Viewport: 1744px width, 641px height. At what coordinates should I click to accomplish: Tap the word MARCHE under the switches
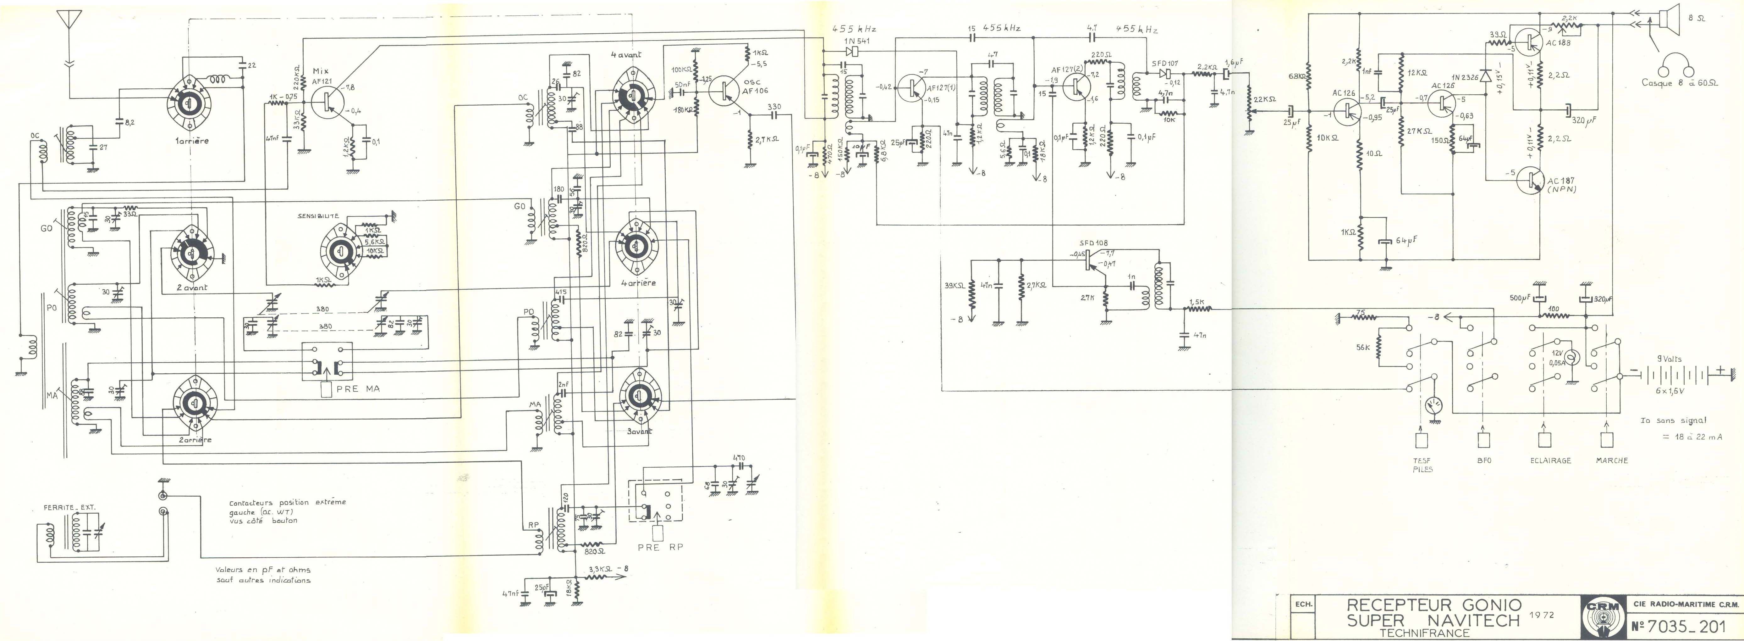tap(1611, 460)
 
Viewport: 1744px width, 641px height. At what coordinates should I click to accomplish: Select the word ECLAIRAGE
tap(1545, 460)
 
